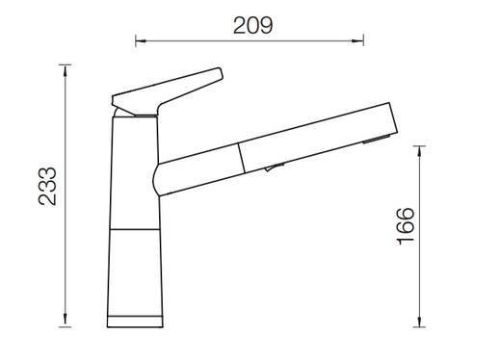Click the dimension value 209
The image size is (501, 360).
point(253,25)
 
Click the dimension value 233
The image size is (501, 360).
point(47,186)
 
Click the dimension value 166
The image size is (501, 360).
point(405,226)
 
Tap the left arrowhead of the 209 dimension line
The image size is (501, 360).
point(141,41)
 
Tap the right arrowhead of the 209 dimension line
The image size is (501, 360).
point(357,41)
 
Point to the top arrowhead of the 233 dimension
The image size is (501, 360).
point(66,70)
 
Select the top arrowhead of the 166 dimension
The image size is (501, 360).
point(419,151)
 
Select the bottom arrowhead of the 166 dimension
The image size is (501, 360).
point(419,321)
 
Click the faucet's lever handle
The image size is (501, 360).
point(167,91)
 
